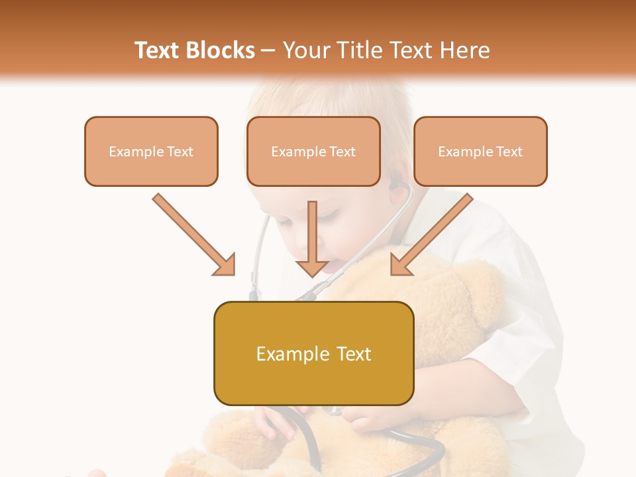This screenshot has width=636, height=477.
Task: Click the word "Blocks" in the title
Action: (x=221, y=50)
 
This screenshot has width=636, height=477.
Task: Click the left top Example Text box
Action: (x=151, y=151)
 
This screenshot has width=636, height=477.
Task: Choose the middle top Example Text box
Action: (x=313, y=151)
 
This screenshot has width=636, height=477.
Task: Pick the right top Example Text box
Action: (x=480, y=151)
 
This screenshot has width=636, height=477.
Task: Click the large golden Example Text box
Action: (x=313, y=353)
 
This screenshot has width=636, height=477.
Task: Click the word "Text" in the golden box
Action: (x=351, y=354)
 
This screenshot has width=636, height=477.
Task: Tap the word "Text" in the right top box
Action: (x=509, y=152)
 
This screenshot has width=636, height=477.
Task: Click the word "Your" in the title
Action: (x=305, y=50)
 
